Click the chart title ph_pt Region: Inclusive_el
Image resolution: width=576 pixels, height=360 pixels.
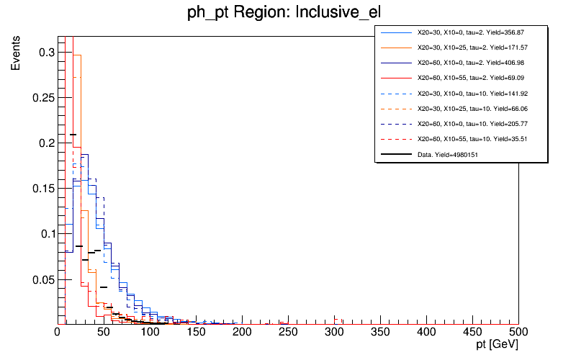[287, 13]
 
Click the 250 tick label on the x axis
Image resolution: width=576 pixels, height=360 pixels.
[288, 333]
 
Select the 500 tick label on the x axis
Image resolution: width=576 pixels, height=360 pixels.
[518, 333]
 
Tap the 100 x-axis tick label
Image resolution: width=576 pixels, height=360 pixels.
[150, 333]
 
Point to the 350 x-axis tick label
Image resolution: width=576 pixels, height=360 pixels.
[380, 333]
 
